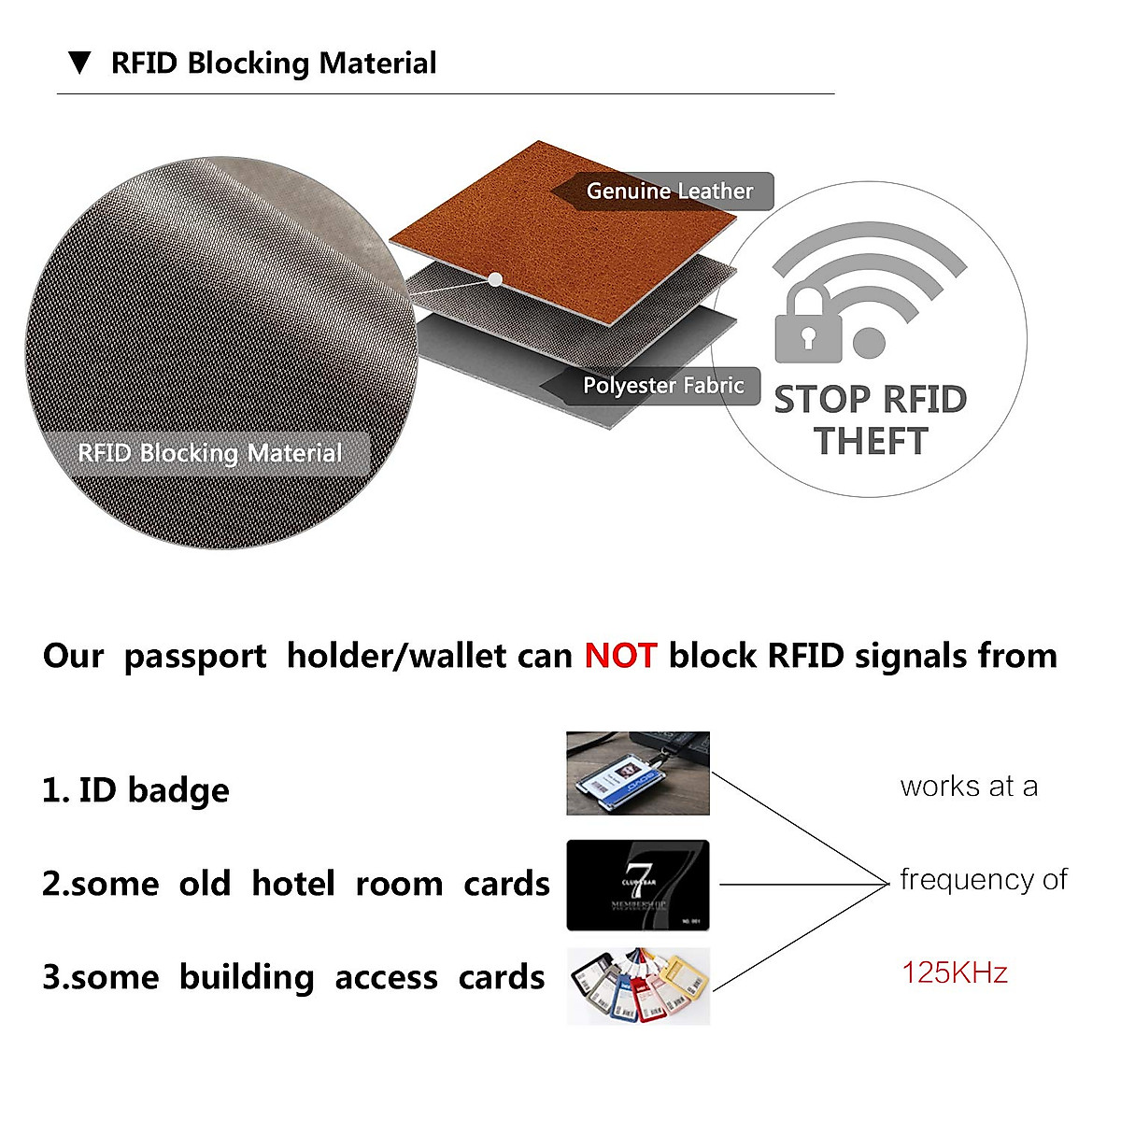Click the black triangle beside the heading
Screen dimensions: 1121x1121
tap(80, 64)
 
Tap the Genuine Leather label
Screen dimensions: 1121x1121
tap(669, 192)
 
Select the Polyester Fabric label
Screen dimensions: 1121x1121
tap(663, 385)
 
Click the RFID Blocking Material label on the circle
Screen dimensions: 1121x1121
tap(210, 453)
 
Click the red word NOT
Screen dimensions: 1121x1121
tap(620, 656)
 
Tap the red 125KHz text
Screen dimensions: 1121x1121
tap(955, 973)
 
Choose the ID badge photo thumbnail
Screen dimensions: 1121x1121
tap(638, 773)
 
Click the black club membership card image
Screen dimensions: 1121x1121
tap(638, 885)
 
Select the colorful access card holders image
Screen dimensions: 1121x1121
tap(638, 986)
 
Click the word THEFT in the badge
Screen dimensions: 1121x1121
tap(870, 441)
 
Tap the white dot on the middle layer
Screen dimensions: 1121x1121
tap(495, 279)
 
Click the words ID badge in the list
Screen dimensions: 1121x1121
tap(153, 790)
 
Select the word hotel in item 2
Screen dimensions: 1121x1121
tap(292, 884)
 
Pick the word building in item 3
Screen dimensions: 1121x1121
tap(247, 977)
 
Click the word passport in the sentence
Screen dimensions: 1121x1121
tap(195, 657)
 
